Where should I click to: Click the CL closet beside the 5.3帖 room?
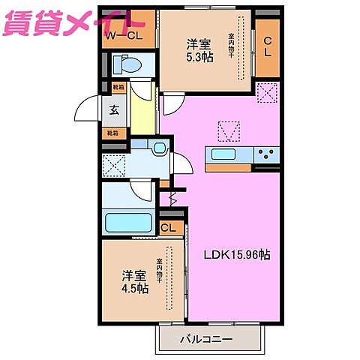[268, 46]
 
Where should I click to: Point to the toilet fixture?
[127, 66]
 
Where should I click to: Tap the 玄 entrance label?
[115, 110]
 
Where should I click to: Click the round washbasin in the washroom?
[159, 149]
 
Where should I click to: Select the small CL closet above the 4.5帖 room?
[169, 227]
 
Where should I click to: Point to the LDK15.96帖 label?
[238, 255]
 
